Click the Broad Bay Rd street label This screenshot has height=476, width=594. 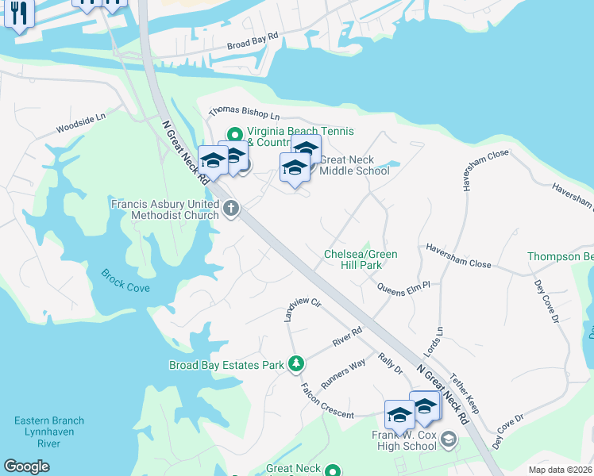pyautogui.click(x=253, y=48)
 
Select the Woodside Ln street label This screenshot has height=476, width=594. pyautogui.click(x=80, y=124)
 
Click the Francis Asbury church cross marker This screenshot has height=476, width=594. pyautogui.click(x=231, y=209)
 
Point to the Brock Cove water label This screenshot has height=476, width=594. pyautogui.click(x=125, y=281)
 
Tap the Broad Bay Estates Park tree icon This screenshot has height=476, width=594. pyautogui.click(x=296, y=364)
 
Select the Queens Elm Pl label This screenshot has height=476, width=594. pyautogui.click(x=403, y=288)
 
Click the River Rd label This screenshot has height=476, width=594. pyautogui.click(x=347, y=337)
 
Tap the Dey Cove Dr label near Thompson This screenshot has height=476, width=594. pyautogui.click(x=547, y=298)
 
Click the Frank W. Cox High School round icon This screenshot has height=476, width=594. pyautogui.click(x=449, y=438)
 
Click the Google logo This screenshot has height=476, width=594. pyautogui.click(x=27, y=466)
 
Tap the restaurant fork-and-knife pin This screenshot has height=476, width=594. pyautogui.click(x=18, y=13)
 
